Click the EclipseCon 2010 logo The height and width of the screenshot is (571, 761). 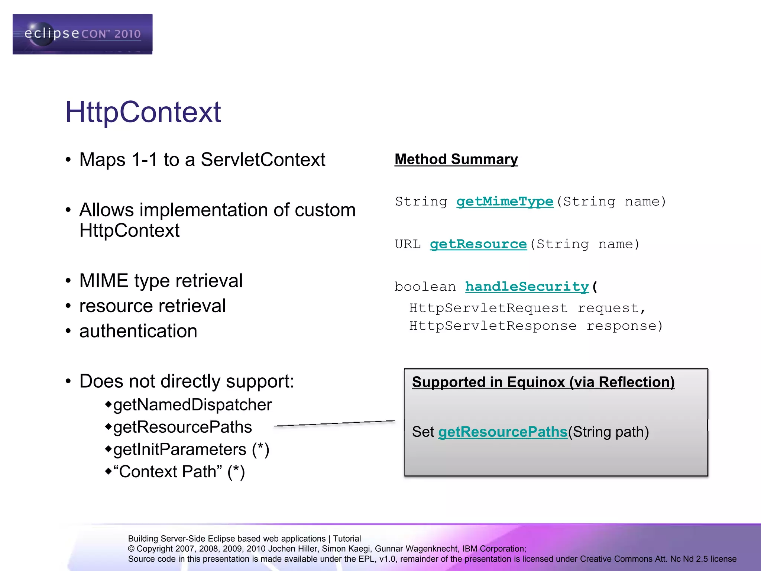(x=82, y=34)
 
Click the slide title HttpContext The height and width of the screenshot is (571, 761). (x=143, y=112)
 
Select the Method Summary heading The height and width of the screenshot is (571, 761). (x=456, y=159)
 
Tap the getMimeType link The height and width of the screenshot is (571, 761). (x=505, y=201)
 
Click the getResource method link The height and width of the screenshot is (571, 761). (x=478, y=244)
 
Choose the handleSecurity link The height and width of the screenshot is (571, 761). (x=527, y=287)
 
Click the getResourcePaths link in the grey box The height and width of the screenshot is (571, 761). (x=503, y=432)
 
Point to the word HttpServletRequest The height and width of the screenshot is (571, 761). (x=488, y=308)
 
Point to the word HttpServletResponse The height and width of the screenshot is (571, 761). (x=493, y=326)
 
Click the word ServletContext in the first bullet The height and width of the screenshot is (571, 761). (x=263, y=160)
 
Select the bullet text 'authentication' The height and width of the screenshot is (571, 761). (x=138, y=331)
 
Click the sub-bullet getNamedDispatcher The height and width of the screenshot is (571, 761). (x=192, y=405)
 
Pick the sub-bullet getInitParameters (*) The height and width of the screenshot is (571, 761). (x=191, y=449)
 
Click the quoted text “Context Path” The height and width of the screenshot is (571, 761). (x=168, y=472)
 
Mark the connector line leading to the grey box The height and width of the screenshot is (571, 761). (x=334, y=423)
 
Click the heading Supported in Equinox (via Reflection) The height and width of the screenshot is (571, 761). (x=543, y=382)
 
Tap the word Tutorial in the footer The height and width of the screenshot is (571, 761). (x=347, y=539)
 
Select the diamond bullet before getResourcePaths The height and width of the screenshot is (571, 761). (x=108, y=427)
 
